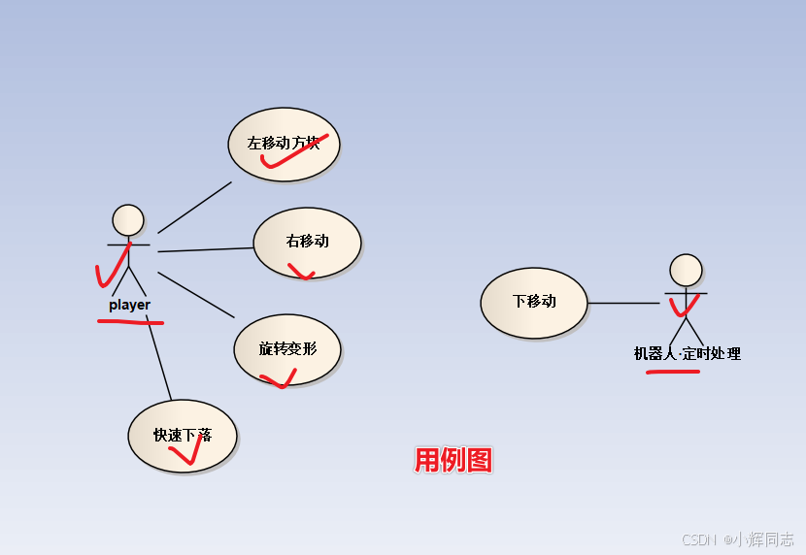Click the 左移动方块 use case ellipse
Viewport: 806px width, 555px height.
(x=284, y=144)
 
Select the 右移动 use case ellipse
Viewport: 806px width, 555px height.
(x=307, y=243)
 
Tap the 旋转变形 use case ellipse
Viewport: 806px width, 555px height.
(x=287, y=348)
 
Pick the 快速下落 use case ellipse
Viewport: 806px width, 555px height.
(x=183, y=436)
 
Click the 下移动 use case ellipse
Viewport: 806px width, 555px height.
(x=534, y=303)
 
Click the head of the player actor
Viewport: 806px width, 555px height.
(x=128, y=220)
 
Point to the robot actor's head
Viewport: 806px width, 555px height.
(x=686, y=271)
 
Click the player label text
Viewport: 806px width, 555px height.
(x=129, y=305)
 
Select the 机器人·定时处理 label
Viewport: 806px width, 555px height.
(x=687, y=354)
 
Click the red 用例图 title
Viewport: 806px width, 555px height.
(x=453, y=460)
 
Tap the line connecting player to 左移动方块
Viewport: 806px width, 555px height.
(x=194, y=207)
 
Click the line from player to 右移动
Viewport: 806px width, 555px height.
(x=205, y=249)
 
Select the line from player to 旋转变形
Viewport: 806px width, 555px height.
(x=196, y=295)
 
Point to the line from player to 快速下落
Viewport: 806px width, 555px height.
(x=159, y=359)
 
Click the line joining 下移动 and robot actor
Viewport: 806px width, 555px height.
(x=623, y=304)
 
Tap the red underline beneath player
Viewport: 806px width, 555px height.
(x=131, y=321)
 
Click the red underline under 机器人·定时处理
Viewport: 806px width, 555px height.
(x=672, y=370)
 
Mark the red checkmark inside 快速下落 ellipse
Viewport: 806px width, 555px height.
(x=191, y=452)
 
